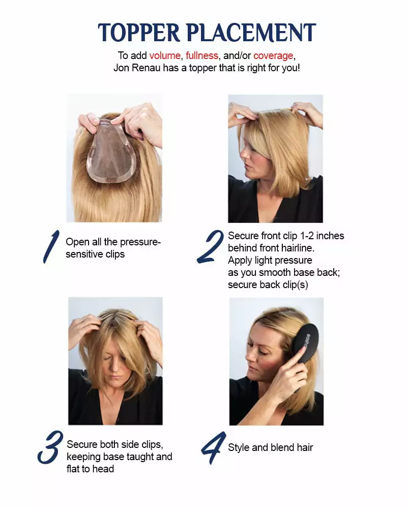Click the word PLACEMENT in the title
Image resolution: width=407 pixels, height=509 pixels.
coord(252,33)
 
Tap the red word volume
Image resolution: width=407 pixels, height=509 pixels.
coord(165,55)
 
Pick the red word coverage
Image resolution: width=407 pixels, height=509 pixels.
coord(273,55)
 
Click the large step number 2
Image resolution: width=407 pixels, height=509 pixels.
coord(210,247)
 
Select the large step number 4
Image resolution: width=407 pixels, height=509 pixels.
coord(213,447)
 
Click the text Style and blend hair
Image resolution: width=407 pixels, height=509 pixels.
coord(270,448)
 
